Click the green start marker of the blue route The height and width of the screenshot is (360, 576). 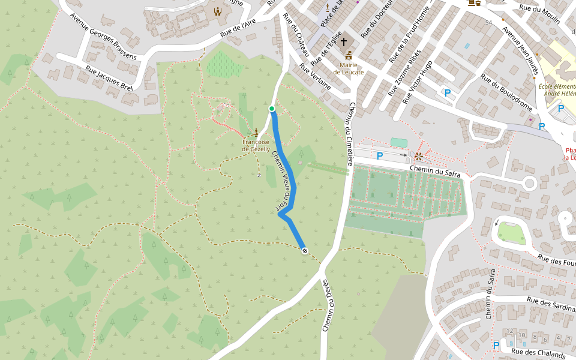coord(272,109)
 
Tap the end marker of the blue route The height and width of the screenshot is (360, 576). coord(305,250)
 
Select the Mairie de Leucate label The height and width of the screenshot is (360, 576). coord(349,68)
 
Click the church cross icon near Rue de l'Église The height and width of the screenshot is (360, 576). coord(344,42)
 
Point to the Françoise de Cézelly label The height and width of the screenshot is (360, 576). coord(256,145)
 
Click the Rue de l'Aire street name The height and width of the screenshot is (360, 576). coord(238,29)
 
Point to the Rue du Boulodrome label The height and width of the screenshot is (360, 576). coord(507,93)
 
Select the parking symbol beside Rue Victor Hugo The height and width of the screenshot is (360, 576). coord(447,93)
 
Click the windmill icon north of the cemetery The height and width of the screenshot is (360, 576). coord(419,157)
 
